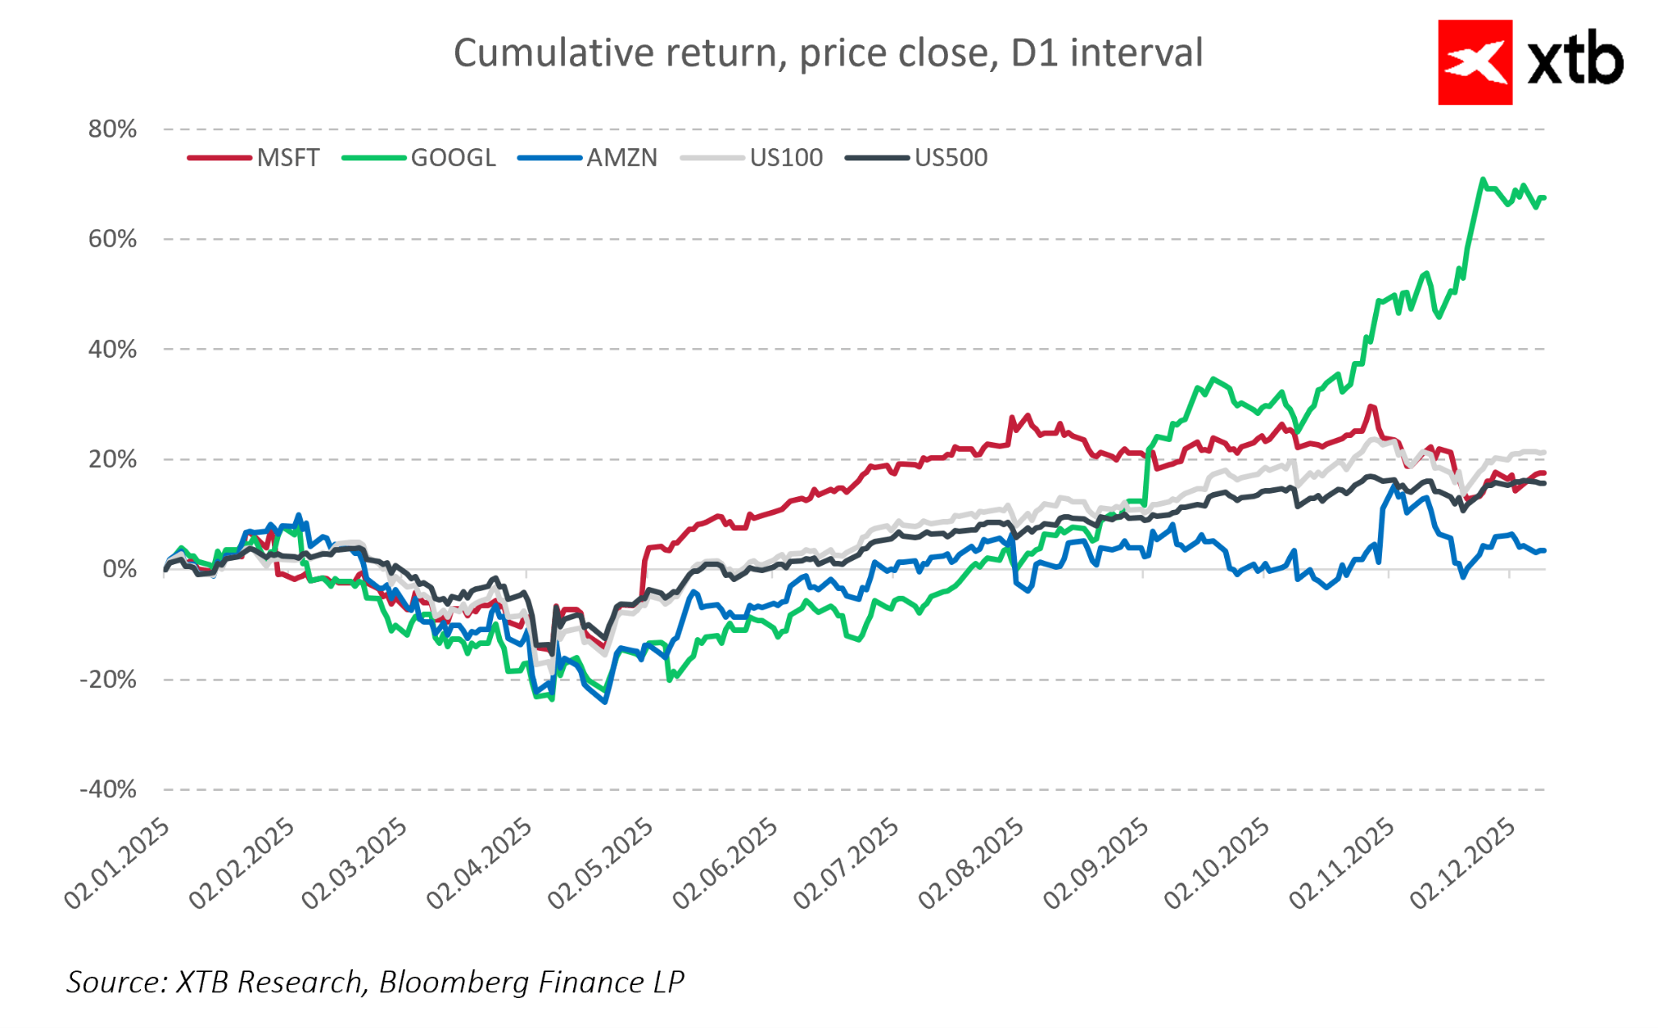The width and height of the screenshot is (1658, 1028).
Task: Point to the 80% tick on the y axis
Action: [113, 130]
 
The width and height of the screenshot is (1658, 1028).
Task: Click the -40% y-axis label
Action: [108, 789]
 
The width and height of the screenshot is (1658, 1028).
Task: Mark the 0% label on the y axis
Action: [120, 569]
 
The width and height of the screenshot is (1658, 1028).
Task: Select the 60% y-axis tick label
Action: [113, 240]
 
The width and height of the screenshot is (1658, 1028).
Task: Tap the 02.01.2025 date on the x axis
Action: [118, 863]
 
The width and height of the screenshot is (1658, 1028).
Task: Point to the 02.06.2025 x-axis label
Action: [726, 863]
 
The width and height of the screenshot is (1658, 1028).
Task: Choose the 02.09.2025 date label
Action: [1096, 863]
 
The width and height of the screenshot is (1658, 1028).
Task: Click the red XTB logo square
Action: [1474, 62]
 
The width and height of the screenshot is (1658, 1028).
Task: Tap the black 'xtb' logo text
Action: [1575, 62]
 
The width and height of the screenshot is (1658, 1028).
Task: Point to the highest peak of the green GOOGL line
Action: [1482, 180]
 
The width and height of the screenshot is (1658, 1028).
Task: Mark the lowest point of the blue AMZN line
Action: [606, 702]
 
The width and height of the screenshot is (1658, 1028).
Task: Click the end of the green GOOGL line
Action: [1544, 198]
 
